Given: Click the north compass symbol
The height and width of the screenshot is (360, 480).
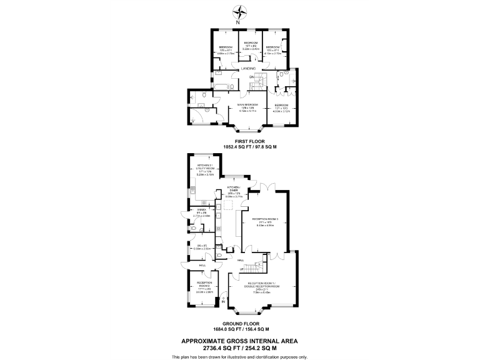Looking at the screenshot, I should click(240, 11).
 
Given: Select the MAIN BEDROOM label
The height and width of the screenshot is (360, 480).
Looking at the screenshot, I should click(247, 104).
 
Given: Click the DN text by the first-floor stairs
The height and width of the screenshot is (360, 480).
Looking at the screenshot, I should click(252, 77).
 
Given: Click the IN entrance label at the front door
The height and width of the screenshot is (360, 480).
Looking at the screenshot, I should click(223, 306).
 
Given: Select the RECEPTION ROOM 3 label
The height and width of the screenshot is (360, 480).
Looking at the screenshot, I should click(269, 219).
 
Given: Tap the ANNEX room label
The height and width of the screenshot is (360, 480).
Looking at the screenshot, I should click(202, 209).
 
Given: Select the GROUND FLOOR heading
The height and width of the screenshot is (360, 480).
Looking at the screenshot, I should click(239, 324).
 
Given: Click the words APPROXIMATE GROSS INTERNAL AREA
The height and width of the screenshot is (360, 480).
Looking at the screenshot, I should click(239, 341).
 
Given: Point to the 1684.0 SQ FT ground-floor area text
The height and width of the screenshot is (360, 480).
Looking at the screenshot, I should click(224, 329).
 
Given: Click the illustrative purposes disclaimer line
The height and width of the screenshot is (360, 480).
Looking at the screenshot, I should click(239, 356).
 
